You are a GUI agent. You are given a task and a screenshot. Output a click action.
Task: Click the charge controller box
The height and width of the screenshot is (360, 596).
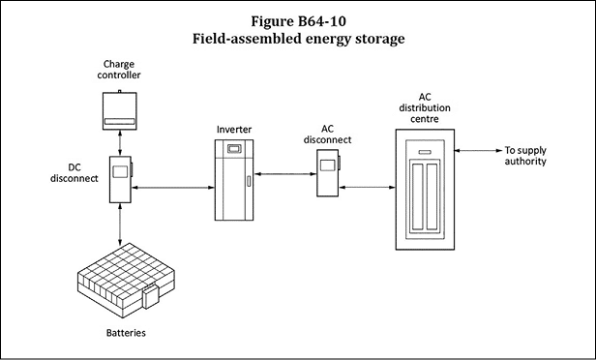120,110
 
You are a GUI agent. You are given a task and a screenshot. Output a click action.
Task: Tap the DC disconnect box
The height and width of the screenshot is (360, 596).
121,179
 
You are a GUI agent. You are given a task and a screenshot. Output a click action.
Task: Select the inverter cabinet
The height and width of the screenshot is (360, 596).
234,180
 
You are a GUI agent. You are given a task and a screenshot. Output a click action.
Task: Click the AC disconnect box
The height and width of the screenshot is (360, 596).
328,173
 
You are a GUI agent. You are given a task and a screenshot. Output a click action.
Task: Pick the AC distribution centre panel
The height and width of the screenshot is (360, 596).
425,190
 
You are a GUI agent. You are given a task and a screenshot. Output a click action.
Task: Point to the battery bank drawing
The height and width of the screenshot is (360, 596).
126,281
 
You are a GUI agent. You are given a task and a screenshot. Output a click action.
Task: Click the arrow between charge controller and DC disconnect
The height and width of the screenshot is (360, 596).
120,143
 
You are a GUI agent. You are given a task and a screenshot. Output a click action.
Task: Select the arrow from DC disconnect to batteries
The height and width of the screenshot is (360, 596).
120,225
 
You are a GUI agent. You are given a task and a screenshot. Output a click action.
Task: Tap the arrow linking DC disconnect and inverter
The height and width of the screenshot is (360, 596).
173,188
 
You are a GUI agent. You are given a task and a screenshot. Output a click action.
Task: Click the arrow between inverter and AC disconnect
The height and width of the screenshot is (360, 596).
285,174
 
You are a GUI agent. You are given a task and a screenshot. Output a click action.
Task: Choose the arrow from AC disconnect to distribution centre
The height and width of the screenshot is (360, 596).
368,187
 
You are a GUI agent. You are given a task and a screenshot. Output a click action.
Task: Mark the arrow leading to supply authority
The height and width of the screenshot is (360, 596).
479,151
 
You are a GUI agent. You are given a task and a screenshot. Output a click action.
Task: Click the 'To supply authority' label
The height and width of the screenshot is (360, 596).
525,156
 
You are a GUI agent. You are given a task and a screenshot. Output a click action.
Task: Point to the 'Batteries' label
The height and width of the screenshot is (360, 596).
126,333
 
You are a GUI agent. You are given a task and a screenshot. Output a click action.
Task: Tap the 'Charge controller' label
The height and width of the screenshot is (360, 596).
119,70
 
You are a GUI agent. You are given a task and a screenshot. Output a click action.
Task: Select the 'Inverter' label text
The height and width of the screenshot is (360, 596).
234,130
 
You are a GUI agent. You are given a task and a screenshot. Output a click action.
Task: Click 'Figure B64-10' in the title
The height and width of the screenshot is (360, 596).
298,21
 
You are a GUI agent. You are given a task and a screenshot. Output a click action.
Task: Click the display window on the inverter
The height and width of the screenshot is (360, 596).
233,148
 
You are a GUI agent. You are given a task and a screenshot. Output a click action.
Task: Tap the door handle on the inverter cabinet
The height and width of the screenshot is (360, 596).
249,181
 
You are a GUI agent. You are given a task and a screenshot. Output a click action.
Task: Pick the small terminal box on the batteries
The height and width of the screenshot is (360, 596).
151,296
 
